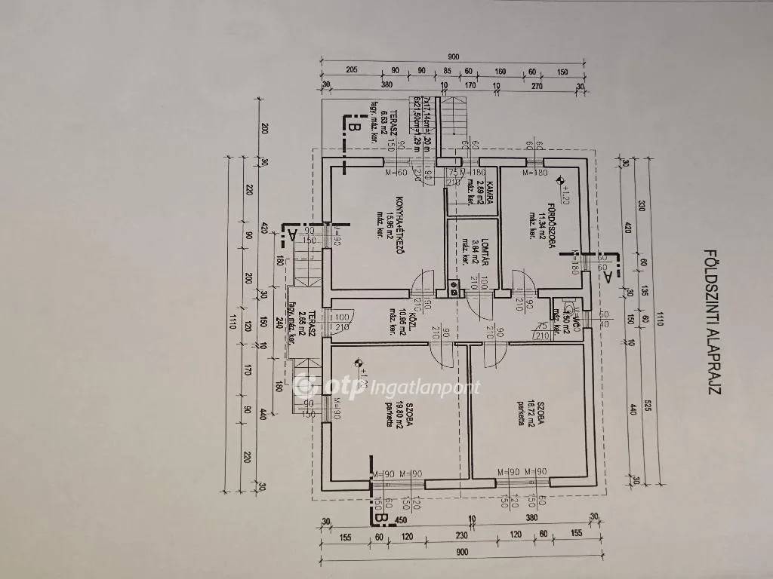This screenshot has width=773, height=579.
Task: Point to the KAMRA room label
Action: click(x=490, y=195)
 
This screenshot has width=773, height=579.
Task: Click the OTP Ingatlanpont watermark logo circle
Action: click(x=306, y=386)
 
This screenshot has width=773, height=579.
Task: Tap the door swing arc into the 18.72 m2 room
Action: click(x=493, y=348)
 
